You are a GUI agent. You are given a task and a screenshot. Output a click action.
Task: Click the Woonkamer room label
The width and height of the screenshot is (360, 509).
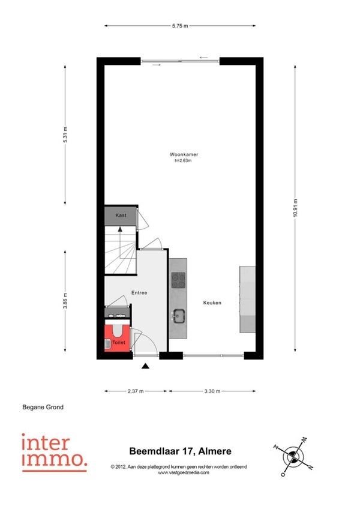(x=184, y=154)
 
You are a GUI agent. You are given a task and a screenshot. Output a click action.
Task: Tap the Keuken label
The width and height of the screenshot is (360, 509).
(x=212, y=303)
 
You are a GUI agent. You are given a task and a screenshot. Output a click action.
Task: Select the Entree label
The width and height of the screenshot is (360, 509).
(x=139, y=293)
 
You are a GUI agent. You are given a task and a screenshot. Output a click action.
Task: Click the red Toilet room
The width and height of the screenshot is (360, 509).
(x=117, y=338)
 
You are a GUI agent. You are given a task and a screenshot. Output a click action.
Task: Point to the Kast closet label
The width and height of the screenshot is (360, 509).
(x=121, y=215)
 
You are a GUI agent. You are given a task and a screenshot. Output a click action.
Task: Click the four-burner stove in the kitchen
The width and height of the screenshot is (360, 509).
(x=178, y=280)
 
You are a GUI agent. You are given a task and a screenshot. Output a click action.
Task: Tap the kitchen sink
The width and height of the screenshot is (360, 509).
(x=178, y=316)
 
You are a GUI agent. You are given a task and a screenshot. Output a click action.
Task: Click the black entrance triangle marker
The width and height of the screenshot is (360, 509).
(x=145, y=366)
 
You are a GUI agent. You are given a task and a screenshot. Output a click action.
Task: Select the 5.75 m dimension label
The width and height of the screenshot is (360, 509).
(x=180, y=26)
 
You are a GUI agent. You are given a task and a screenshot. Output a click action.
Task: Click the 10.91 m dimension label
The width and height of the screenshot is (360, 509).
(x=295, y=208)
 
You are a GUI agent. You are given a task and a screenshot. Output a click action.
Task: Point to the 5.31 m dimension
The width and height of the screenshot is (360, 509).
(x=65, y=134)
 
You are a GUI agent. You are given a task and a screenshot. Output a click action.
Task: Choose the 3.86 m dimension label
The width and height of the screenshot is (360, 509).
(x=65, y=301)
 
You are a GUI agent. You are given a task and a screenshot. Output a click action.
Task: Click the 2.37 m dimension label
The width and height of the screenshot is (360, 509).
(x=136, y=391)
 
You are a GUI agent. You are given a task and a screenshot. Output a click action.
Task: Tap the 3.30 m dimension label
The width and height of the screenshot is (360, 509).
(x=212, y=391)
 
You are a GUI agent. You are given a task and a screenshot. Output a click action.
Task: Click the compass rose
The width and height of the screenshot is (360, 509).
(x=293, y=457)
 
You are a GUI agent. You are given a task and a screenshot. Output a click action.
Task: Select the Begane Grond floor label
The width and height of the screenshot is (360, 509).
(x=43, y=407)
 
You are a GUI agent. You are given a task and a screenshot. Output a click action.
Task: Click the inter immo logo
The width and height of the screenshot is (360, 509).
(x=54, y=453)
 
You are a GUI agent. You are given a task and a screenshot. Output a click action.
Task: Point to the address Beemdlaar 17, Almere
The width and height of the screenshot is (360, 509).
(x=180, y=451)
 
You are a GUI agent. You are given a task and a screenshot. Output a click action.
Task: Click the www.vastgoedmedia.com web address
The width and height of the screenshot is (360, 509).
(x=184, y=472)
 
